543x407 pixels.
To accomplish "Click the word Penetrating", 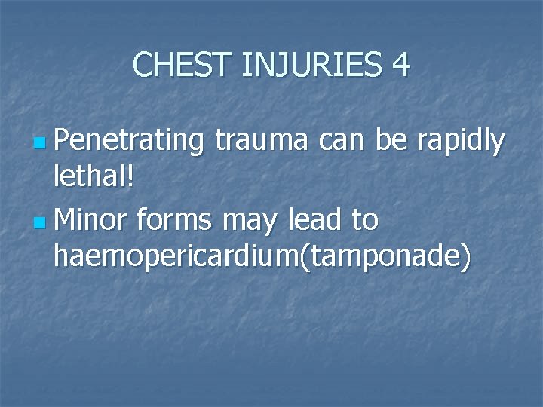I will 130,141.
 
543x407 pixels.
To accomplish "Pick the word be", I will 391,141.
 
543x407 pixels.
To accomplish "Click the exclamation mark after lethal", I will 130,180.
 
